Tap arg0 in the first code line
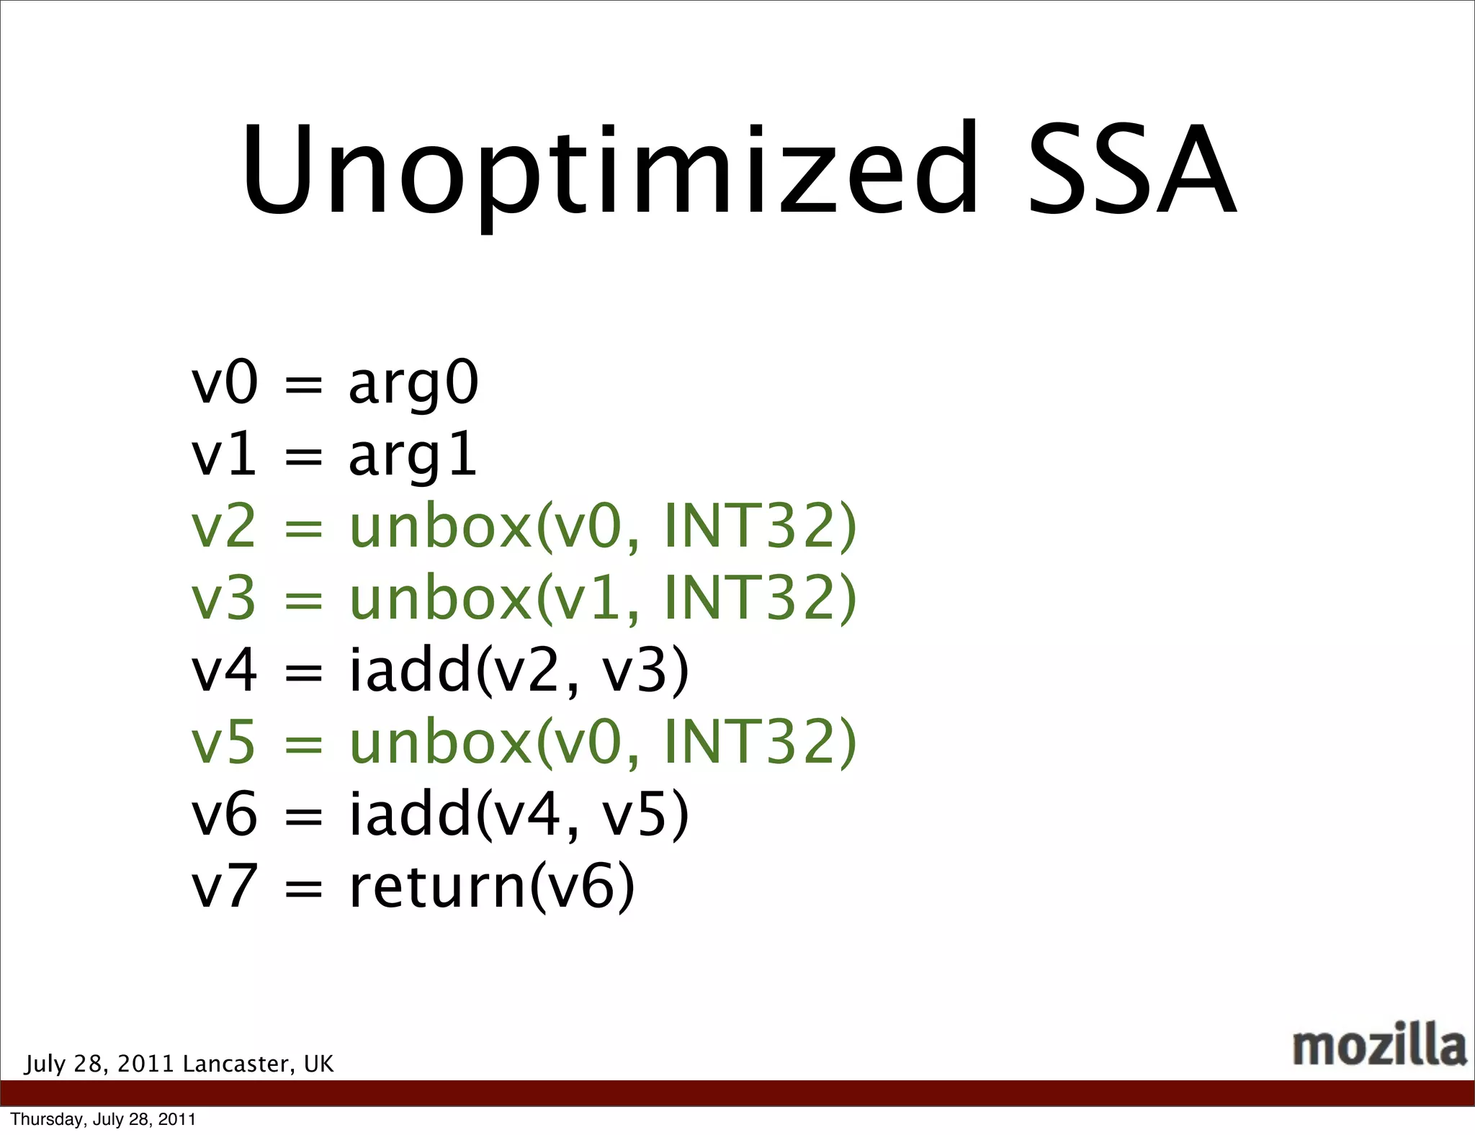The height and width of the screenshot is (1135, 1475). coord(413,384)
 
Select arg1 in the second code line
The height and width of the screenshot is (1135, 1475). coord(413,456)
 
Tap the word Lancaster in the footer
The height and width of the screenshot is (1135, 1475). coord(238,1064)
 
